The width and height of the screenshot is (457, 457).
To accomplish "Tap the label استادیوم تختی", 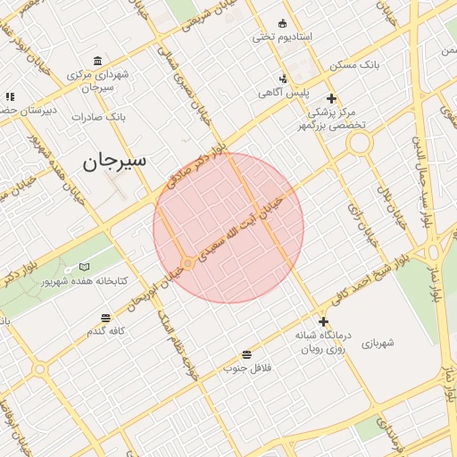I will pyautogui.click(x=281, y=37).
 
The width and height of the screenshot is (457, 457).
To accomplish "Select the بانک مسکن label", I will pyautogui.click(x=354, y=66).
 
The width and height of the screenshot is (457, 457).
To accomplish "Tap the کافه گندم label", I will pyautogui.click(x=105, y=331).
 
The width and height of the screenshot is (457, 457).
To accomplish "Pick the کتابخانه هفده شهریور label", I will pyautogui.click(x=86, y=281).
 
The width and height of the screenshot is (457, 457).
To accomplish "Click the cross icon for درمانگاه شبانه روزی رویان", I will pyautogui.click(x=323, y=321).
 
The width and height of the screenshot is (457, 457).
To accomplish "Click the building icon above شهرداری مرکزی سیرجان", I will pyautogui.click(x=97, y=61).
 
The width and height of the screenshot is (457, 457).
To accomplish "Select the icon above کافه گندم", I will pyautogui.click(x=106, y=317).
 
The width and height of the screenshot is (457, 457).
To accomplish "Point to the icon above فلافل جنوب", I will pyautogui.click(x=246, y=354).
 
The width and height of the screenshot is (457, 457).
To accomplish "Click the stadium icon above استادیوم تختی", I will pyautogui.click(x=283, y=23).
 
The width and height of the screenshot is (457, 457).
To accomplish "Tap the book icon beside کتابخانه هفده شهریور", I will pyautogui.click(x=84, y=267).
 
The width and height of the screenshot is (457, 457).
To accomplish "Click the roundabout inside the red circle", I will pyautogui.click(x=188, y=263).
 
